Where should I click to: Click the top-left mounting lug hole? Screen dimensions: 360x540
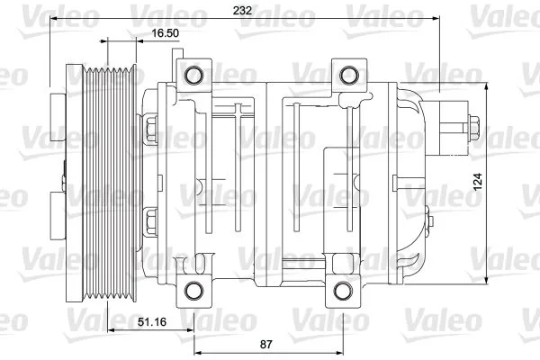[x=192, y=75]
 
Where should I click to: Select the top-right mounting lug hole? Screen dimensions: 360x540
[x=345, y=75]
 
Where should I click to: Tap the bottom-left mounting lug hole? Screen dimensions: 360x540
[x=192, y=290]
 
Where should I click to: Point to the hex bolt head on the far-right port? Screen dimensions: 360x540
[x=472, y=128]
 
